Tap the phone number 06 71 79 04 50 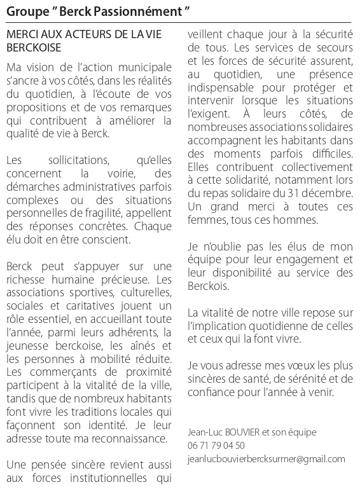point(216,445)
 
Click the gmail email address point(267,458)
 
